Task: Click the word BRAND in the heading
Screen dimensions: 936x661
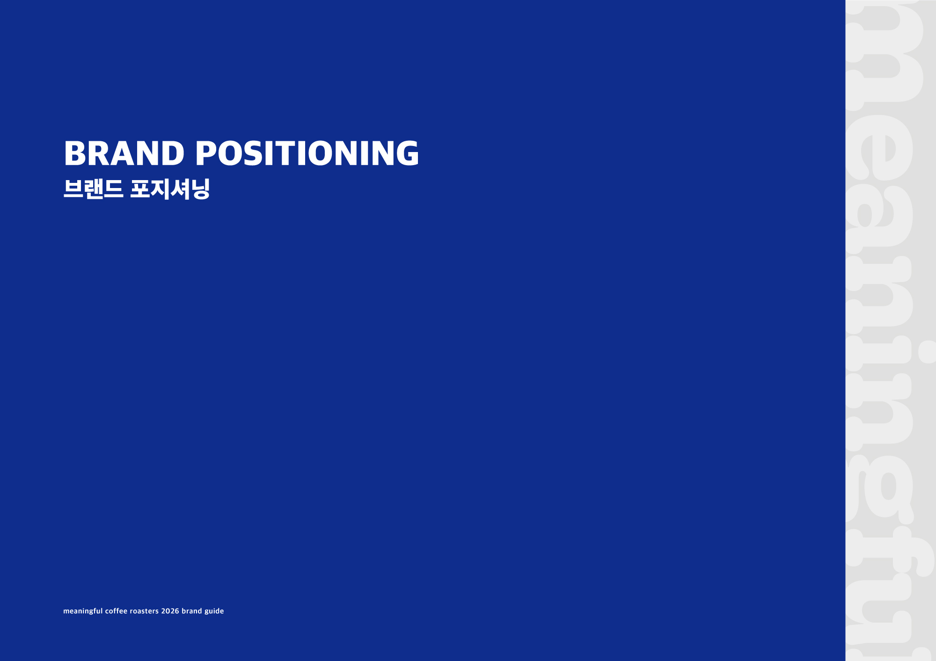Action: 124,153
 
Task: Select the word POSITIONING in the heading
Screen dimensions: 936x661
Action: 307,153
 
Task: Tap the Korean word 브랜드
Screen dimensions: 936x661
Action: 94,189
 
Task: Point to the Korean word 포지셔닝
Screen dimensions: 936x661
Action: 170,189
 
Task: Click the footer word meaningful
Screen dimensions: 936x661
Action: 83,611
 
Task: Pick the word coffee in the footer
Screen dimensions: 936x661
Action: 116,611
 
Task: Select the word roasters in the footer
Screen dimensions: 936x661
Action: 144,611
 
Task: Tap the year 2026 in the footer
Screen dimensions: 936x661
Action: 170,611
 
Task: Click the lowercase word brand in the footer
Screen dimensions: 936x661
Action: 192,611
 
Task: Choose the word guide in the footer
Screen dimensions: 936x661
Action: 214,611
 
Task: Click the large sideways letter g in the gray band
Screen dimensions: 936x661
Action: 880,489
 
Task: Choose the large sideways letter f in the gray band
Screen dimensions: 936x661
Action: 889,552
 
